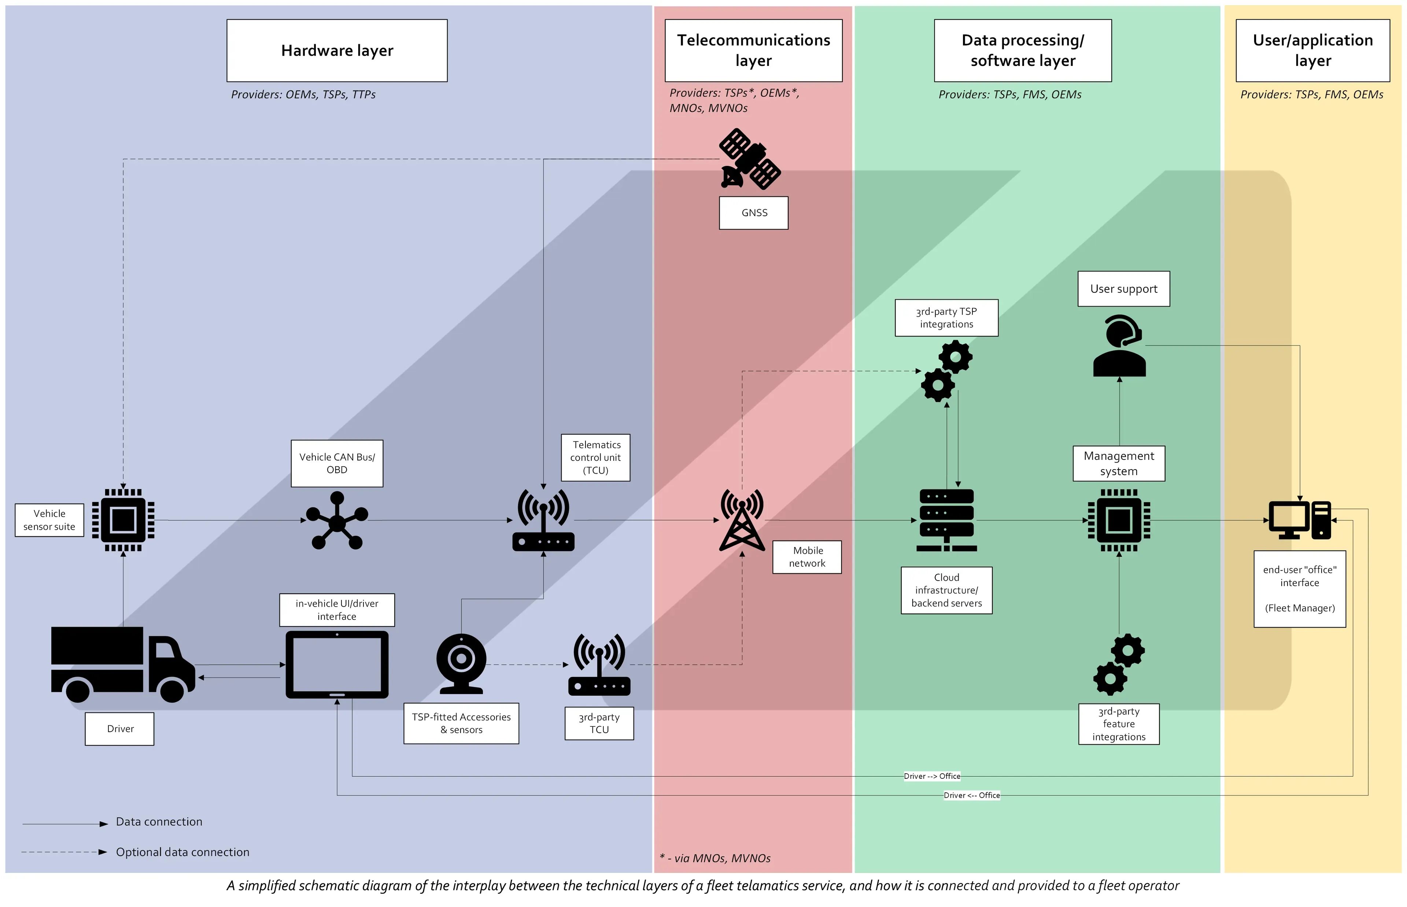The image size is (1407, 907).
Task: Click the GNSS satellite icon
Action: (x=750, y=159)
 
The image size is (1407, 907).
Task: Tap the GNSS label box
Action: (x=753, y=212)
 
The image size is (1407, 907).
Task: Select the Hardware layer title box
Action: (x=337, y=51)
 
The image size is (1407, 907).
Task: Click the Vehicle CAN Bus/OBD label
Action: (x=337, y=463)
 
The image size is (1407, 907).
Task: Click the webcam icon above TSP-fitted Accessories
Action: (x=461, y=663)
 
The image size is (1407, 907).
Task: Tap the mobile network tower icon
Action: (x=742, y=520)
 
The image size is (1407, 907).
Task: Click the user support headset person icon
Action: (x=1119, y=346)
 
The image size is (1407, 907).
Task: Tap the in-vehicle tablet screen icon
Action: (x=337, y=664)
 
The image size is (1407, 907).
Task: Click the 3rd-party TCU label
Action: (x=599, y=723)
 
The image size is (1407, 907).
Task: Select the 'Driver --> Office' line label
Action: (x=932, y=776)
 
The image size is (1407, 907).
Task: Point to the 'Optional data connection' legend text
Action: (x=182, y=852)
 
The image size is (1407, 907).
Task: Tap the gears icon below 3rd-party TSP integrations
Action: (x=946, y=371)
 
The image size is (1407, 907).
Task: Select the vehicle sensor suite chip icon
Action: (x=123, y=520)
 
